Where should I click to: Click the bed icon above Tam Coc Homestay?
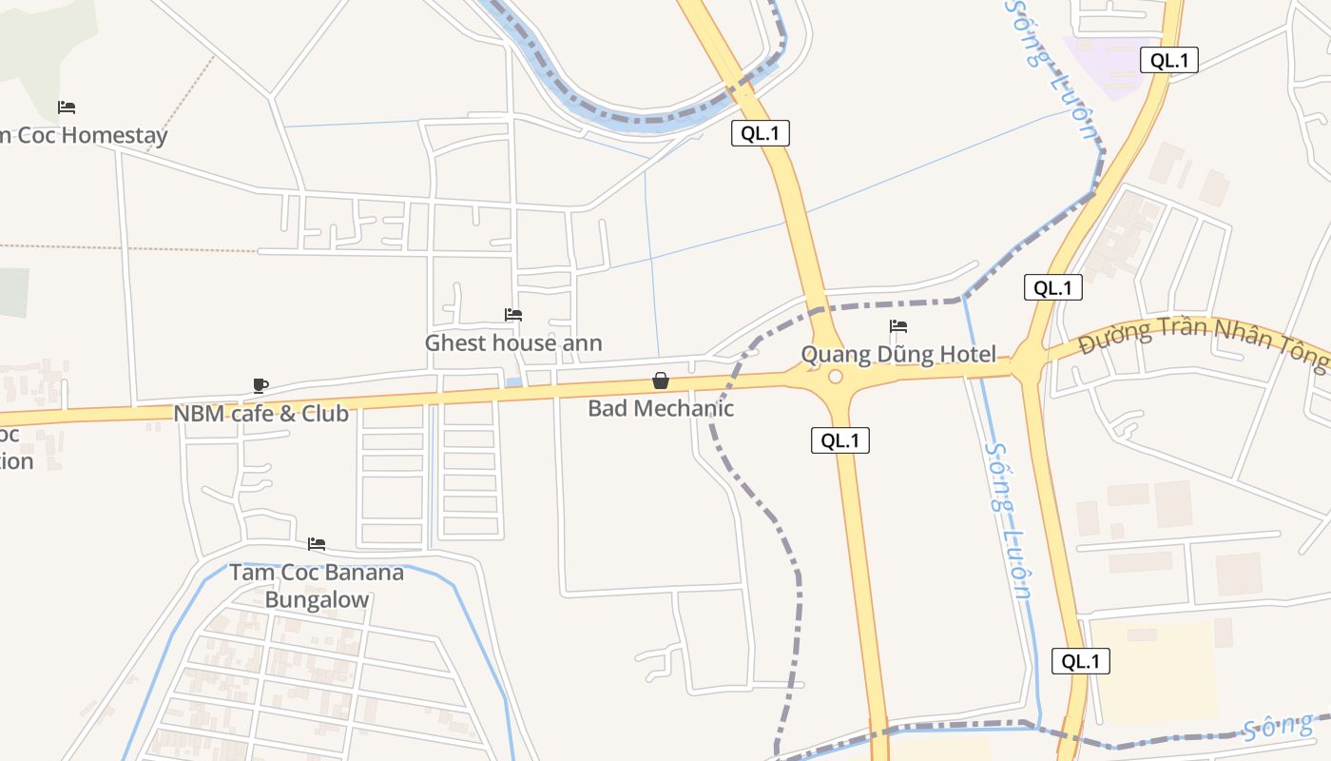tap(67, 107)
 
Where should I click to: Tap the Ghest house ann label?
tap(513, 342)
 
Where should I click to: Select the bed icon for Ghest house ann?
tap(513, 315)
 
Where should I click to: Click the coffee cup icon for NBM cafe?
tap(260, 385)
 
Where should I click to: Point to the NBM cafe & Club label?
tap(260, 414)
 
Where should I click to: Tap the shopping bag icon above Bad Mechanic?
tap(661, 380)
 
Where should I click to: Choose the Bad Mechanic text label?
tap(661, 408)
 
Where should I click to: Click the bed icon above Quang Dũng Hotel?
tap(898, 326)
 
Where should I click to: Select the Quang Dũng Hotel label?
tap(898, 355)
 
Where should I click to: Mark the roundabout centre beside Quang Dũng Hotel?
tap(836, 377)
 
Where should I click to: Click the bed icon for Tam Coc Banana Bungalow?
tap(317, 544)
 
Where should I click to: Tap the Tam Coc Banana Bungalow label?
tap(317, 586)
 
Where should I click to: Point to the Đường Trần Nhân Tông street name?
tap(1202, 340)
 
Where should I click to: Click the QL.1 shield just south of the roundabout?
tap(840, 440)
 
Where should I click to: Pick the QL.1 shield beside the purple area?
tap(1168, 60)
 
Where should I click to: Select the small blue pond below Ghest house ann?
tap(513, 382)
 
